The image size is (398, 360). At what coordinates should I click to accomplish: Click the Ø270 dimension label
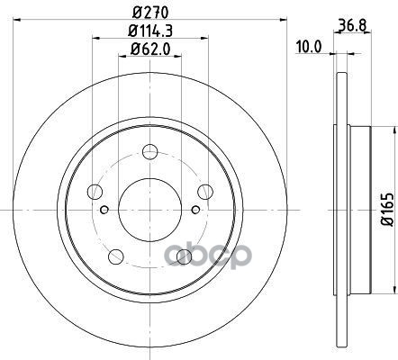point(150,13)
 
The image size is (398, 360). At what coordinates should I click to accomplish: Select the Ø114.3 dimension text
point(150,31)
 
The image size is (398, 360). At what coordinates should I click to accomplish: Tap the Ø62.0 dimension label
point(150,49)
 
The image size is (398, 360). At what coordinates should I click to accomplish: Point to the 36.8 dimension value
point(353,25)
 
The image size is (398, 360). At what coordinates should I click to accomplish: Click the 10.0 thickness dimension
point(309,47)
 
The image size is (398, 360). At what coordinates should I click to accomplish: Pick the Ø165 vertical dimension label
point(387,210)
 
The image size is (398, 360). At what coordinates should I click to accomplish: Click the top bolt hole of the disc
point(149,151)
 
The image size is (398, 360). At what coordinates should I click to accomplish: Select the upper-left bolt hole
point(95,192)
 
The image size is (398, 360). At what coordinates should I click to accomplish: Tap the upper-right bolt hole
point(205,192)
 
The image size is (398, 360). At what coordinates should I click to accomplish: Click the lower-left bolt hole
point(116,256)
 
